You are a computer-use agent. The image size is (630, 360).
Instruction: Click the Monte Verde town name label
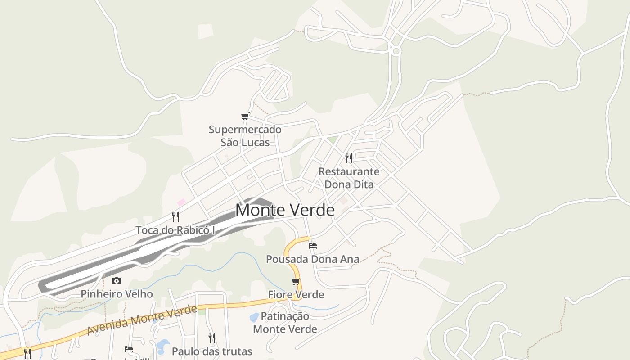285,210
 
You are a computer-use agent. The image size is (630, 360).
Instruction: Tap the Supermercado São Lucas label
245,136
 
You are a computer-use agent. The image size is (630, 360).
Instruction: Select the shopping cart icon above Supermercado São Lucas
245,117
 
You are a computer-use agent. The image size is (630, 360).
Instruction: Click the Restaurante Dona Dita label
349,178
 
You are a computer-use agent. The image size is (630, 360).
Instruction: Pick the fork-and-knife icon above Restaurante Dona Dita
349,158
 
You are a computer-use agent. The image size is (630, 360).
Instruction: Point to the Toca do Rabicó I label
175,230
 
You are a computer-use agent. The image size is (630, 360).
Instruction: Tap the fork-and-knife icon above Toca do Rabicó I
175,217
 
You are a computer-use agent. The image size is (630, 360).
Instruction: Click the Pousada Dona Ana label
313,259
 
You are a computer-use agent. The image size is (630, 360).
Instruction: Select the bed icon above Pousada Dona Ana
313,246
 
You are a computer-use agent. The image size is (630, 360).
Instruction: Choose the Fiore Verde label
296,294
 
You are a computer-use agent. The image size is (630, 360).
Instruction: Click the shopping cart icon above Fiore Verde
296,282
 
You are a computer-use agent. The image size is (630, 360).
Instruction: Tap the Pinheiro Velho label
117,294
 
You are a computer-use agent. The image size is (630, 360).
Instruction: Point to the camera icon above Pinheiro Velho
117,281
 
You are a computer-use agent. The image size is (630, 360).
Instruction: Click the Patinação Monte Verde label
285,323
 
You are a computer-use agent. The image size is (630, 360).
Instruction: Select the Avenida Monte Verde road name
142,319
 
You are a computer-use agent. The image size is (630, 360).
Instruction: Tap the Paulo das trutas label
212,351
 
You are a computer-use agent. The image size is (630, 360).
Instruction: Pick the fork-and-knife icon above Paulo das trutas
211,337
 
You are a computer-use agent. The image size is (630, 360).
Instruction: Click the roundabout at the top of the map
396,51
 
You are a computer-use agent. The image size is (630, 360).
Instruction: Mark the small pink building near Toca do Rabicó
181,202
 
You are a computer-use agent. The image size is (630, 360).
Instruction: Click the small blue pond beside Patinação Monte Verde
254,317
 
